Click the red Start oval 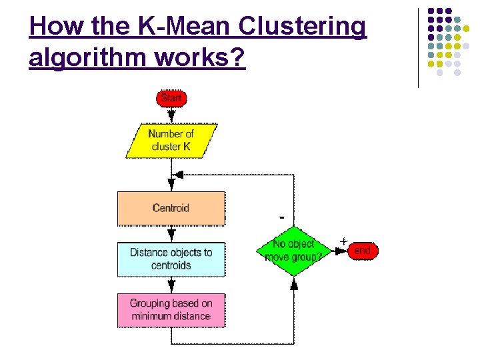171,98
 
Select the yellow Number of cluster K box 171,140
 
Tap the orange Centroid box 171,208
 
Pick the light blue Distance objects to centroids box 171,259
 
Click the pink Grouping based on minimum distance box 171,310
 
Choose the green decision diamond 293,251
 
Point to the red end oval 362,251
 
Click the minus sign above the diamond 282,217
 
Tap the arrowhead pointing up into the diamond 293,283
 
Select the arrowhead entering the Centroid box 171,185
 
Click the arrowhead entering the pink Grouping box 171,287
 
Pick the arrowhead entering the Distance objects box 171,236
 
